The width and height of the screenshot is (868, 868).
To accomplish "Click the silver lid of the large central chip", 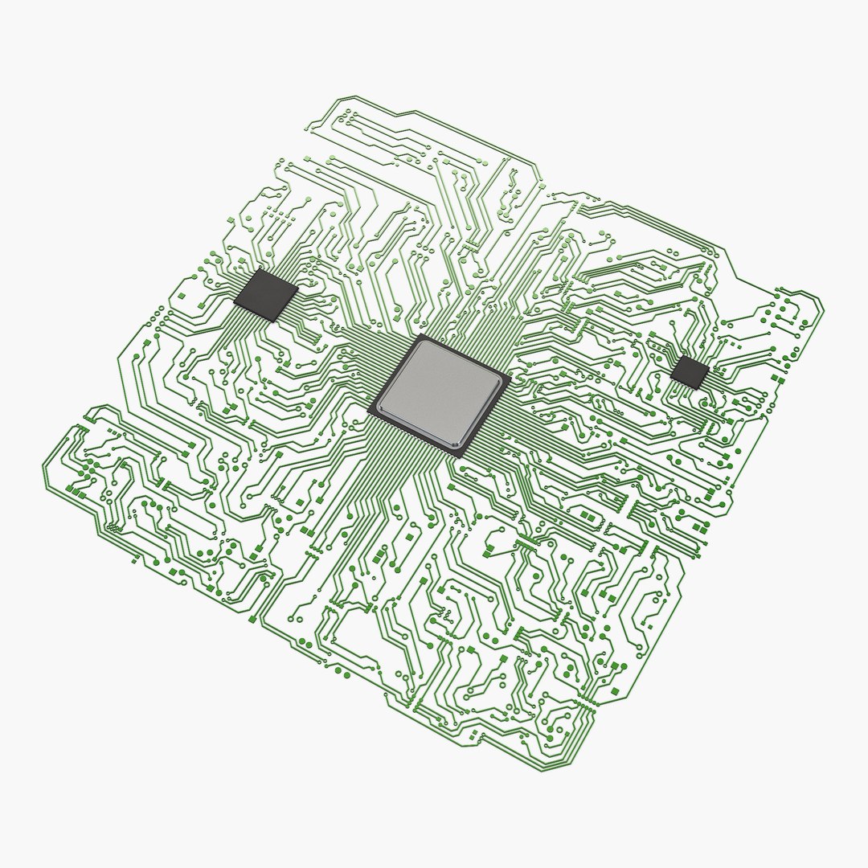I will [440, 392].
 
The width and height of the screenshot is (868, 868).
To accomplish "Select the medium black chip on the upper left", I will [265, 295].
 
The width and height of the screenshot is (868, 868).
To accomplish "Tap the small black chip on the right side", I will [690, 372].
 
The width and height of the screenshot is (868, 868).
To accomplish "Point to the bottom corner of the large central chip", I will [461, 457].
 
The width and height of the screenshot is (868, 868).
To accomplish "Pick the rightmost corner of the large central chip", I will [510, 379].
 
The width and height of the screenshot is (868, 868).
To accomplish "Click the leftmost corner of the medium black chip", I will [233, 303].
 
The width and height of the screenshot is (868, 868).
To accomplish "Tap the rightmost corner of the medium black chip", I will [299, 288].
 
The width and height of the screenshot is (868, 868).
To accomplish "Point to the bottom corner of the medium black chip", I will [272, 321].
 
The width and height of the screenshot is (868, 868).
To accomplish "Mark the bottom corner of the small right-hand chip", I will [695, 390].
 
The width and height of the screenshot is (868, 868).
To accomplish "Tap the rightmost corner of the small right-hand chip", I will [710, 371].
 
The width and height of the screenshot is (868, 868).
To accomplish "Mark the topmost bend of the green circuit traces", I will [341, 98].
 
